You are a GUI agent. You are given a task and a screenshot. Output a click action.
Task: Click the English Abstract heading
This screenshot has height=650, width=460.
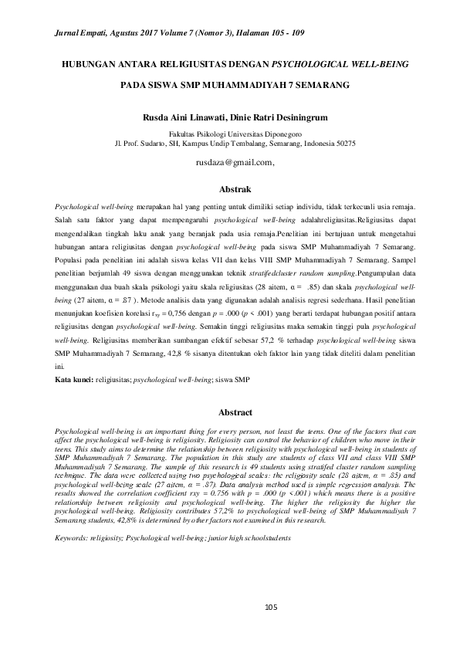click(x=229, y=412)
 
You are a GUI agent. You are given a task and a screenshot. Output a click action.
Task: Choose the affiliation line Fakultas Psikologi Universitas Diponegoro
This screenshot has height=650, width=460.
click(x=229, y=134)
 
